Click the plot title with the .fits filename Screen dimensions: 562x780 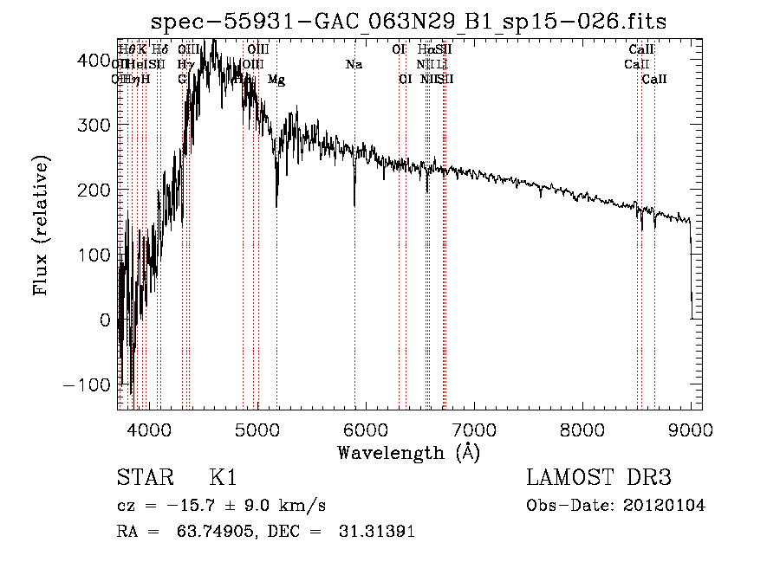[x=409, y=21]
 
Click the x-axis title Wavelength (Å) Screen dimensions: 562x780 [x=408, y=452]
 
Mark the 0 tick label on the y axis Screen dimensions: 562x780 [x=104, y=320]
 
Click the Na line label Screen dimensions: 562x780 [x=354, y=65]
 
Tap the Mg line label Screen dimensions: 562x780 [x=276, y=80]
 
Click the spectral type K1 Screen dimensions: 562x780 [x=223, y=479]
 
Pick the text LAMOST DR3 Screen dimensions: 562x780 [x=599, y=479]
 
